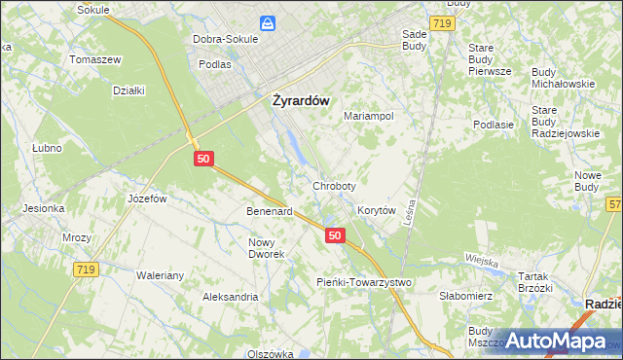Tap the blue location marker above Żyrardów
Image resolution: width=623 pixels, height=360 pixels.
point(267,23)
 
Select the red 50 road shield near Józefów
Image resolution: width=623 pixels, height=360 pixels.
point(202,158)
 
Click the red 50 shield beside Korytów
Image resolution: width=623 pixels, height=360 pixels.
point(335,235)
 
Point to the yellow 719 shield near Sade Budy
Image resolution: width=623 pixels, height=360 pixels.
point(441,20)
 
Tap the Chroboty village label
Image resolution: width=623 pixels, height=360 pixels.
point(334,186)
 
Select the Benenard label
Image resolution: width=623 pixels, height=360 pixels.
point(270,210)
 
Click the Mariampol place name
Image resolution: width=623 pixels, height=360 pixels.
point(369,116)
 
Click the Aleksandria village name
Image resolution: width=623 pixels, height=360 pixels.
point(230,296)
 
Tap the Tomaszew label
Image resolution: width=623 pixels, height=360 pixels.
point(94,59)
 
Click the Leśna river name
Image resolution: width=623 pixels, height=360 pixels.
point(413,208)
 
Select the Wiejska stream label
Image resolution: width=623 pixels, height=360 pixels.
point(482,261)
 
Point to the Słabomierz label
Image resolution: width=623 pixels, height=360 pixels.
point(467,296)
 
